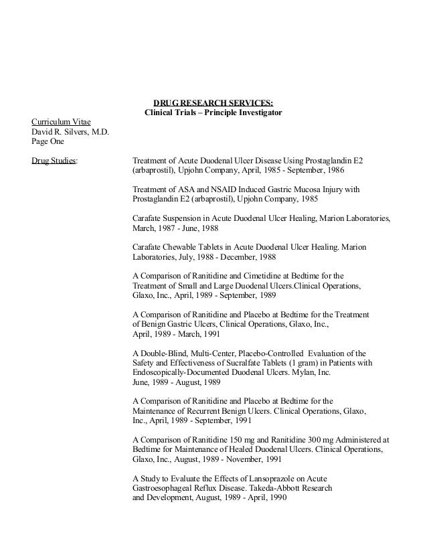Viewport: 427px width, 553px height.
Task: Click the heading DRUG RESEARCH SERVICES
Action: (213, 102)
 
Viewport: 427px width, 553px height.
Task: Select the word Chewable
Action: (185, 247)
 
